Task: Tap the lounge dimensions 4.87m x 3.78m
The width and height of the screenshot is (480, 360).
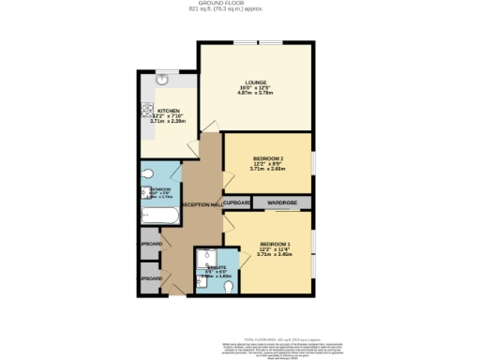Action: coord(255,92)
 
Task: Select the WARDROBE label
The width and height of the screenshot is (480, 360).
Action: coord(282,202)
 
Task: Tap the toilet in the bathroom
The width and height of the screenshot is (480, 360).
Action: coord(147,174)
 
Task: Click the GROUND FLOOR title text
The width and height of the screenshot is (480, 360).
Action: coord(240,4)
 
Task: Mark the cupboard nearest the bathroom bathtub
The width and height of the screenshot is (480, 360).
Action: coord(150,245)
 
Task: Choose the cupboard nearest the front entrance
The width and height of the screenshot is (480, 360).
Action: coord(150,278)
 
